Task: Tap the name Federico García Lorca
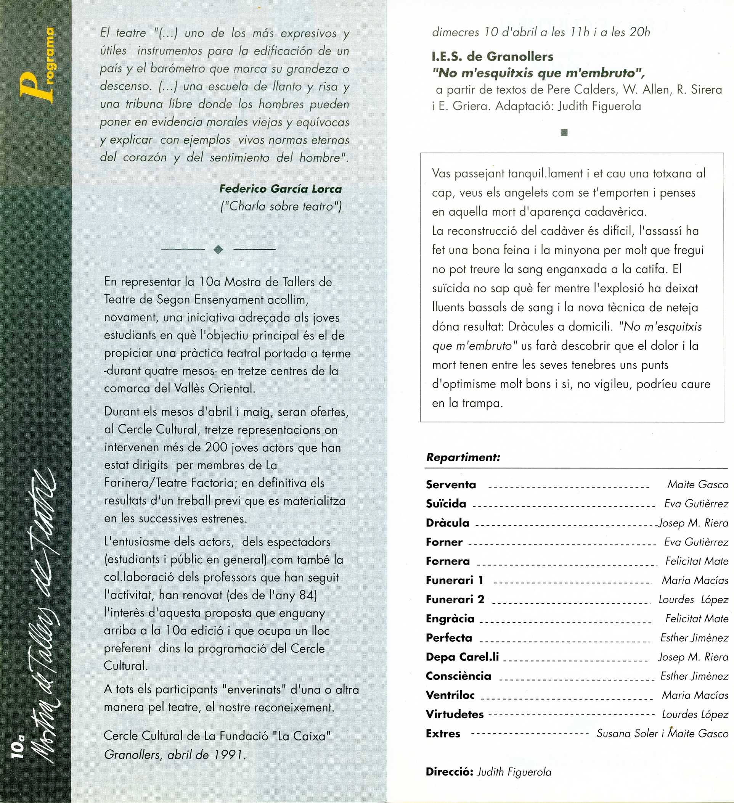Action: coord(280,188)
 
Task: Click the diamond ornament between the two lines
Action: coord(218,250)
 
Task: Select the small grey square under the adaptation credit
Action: coord(564,133)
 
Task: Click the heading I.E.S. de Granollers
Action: coord(492,56)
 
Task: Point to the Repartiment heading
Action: coord(463,457)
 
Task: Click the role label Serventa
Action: coord(451,485)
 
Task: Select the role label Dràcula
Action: coord(447,523)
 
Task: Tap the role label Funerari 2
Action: coord(455,599)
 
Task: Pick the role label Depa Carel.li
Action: coord(462,657)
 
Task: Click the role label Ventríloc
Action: coord(450,695)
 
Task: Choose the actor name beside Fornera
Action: coord(697,561)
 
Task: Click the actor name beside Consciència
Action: coord(694,676)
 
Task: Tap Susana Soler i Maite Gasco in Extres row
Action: coord(662,733)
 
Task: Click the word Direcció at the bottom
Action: coord(449,772)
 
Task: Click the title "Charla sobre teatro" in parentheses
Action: coord(281,206)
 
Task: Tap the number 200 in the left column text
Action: coord(217,447)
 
